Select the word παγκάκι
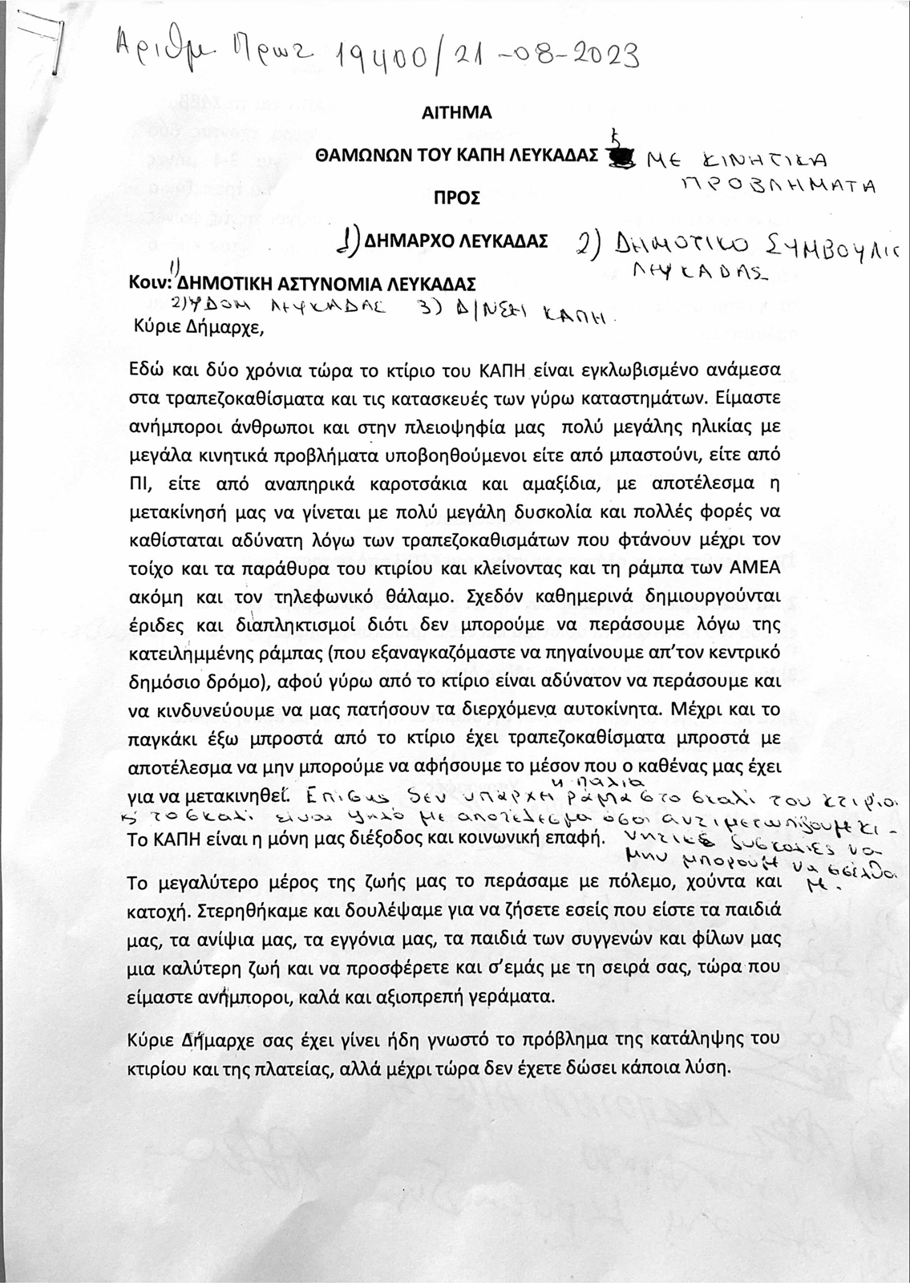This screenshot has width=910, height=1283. (x=165, y=738)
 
